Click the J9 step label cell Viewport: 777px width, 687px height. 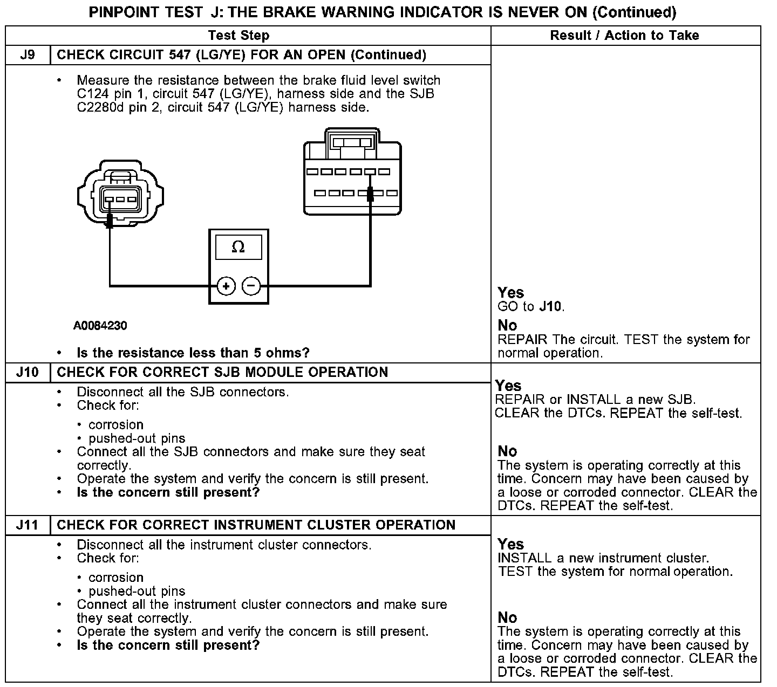pyautogui.click(x=28, y=55)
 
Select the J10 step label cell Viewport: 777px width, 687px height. pyautogui.click(x=28, y=373)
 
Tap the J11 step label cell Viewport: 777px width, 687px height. pyautogui.click(x=28, y=525)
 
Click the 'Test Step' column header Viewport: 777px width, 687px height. pyautogui.click(x=238, y=36)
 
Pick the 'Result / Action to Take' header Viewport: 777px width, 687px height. pyautogui.click(x=624, y=36)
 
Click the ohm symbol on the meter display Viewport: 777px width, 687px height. pyautogui.click(x=238, y=248)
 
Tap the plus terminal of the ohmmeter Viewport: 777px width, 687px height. pyautogui.click(x=226, y=286)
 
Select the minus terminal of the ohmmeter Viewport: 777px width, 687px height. pyautogui.click(x=251, y=286)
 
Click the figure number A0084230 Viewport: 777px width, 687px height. pyautogui.click(x=100, y=326)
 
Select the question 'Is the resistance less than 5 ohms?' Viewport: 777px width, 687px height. pyautogui.click(x=193, y=353)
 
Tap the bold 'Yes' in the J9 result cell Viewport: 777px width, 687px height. pyautogui.click(x=510, y=293)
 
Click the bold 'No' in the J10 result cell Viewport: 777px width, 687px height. pyautogui.click(x=507, y=451)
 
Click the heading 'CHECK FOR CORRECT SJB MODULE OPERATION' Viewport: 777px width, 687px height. pyautogui.click(x=222, y=373)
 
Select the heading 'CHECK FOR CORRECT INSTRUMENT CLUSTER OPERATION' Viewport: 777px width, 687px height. pyautogui.click(x=256, y=525)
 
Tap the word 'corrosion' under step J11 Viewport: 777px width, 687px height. pyautogui.click(x=116, y=578)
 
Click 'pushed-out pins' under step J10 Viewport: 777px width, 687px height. pyautogui.click(x=137, y=438)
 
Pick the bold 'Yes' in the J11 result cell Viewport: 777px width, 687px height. pyautogui.click(x=510, y=544)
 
